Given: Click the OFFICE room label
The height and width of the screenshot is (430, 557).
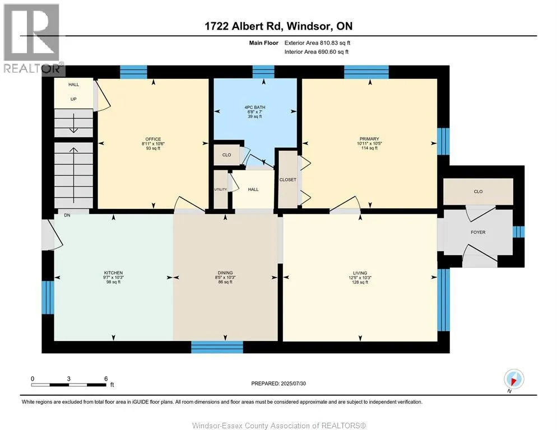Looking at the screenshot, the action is pyautogui.click(x=153, y=139).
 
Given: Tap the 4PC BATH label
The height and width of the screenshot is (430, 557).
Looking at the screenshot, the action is pyautogui.click(x=255, y=107).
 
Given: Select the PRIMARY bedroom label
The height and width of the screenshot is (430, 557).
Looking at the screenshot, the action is pyautogui.click(x=369, y=139).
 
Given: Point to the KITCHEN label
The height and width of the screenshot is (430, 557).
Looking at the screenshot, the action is pyautogui.click(x=113, y=273).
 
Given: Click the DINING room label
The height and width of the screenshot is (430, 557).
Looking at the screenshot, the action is pyautogui.click(x=225, y=273).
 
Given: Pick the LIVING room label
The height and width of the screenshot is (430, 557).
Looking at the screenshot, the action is pyautogui.click(x=360, y=273).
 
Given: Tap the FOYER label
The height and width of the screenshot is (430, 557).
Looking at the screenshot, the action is pyautogui.click(x=478, y=232).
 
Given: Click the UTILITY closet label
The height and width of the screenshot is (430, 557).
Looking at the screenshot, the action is pyautogui.click(x=220, y=190).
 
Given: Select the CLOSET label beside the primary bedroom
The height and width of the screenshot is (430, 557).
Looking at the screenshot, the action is pyautogui.click(x=287, y=180).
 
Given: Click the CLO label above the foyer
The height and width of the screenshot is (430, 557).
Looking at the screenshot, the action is pyautogui.click(x=478, y=191).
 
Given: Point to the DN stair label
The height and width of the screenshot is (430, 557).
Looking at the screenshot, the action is pyautogui.click(x=67, y=215).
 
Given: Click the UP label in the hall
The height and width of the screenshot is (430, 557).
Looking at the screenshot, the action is pyautogui.click(x=73, y=99).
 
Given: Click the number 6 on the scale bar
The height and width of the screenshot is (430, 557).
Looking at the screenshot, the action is pyautogui.click(x=106, y=378).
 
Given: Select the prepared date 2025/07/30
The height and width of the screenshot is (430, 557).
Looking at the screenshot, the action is pyautogui.click(x=293, y=384).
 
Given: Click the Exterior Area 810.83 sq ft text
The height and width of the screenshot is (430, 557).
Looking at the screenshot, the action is pyautogui.click(x=317, y=43).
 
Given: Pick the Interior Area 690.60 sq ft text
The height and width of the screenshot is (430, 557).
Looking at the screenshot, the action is pyautogui.click(x=317, y=52).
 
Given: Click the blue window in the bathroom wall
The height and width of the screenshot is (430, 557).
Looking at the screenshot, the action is pyautogui.click(x=263, y=72).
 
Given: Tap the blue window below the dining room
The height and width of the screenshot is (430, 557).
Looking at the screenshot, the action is pyautogui.click(x=217, y=347).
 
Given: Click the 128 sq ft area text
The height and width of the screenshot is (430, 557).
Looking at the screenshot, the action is pyautogui.click(x=360, y=282).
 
